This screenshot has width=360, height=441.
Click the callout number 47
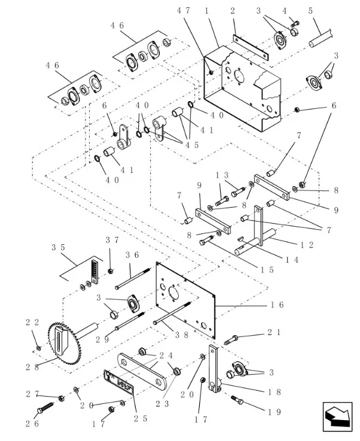184,11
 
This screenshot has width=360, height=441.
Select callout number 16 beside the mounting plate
276,305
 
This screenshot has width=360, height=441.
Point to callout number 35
58,247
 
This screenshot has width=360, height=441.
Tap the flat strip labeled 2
249,47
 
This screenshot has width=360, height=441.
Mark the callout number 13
222,175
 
